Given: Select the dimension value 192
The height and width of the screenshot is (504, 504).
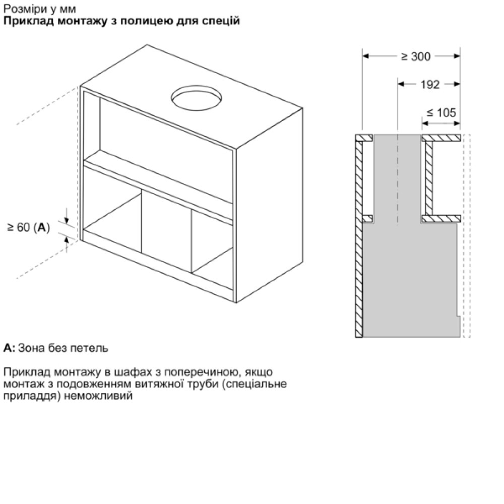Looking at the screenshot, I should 430,85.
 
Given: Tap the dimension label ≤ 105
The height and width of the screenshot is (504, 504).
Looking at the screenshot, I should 441,113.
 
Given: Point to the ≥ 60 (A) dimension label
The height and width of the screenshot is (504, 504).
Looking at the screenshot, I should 29,228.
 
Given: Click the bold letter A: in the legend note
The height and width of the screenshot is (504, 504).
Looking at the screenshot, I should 10,348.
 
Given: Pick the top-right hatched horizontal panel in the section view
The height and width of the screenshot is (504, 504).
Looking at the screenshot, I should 441,138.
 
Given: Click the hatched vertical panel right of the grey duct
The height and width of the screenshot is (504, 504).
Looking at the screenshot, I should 429,177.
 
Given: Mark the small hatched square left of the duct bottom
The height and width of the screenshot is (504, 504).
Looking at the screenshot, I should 368,219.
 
